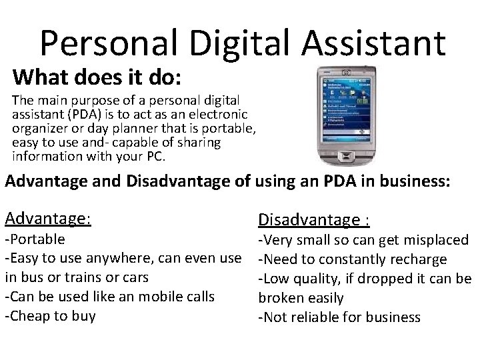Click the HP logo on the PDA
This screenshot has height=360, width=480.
click(x=345, y=72)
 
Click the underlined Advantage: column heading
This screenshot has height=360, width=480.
click(x=47, y=218)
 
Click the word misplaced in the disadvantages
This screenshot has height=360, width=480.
click(x=436, y=240)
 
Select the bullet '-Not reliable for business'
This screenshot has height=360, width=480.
click(x=339, y=317)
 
